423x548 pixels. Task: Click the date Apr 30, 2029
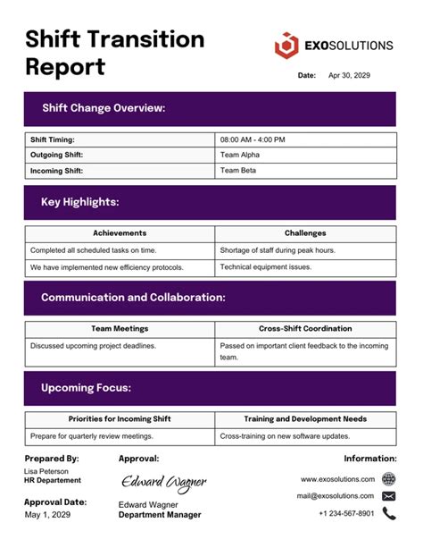(x=349, y=76)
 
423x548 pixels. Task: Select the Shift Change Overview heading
(x=104, y=108)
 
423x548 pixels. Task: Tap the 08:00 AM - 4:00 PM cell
(x=253, y=139)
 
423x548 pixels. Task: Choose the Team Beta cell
(x=237, y=170)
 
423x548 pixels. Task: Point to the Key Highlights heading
(x=80, y=202)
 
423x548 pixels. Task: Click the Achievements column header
(x=120, y=233)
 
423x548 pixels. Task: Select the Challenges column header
(x=305, y=233)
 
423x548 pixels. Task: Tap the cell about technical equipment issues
(x=265, y=267)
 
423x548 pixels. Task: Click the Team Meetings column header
(x=120, y=329)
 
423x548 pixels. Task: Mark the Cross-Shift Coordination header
(x=305, y=329)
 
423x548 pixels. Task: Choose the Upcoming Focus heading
(x=87, y=388)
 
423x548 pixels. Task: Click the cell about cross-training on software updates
(x=286, y=436)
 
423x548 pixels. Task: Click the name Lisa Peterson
(x=46, y=470)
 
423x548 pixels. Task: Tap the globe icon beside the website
(x=388, y=479)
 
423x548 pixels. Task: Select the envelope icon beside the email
(x=388, y=495)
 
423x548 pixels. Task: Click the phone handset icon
(x=388, y=513)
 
